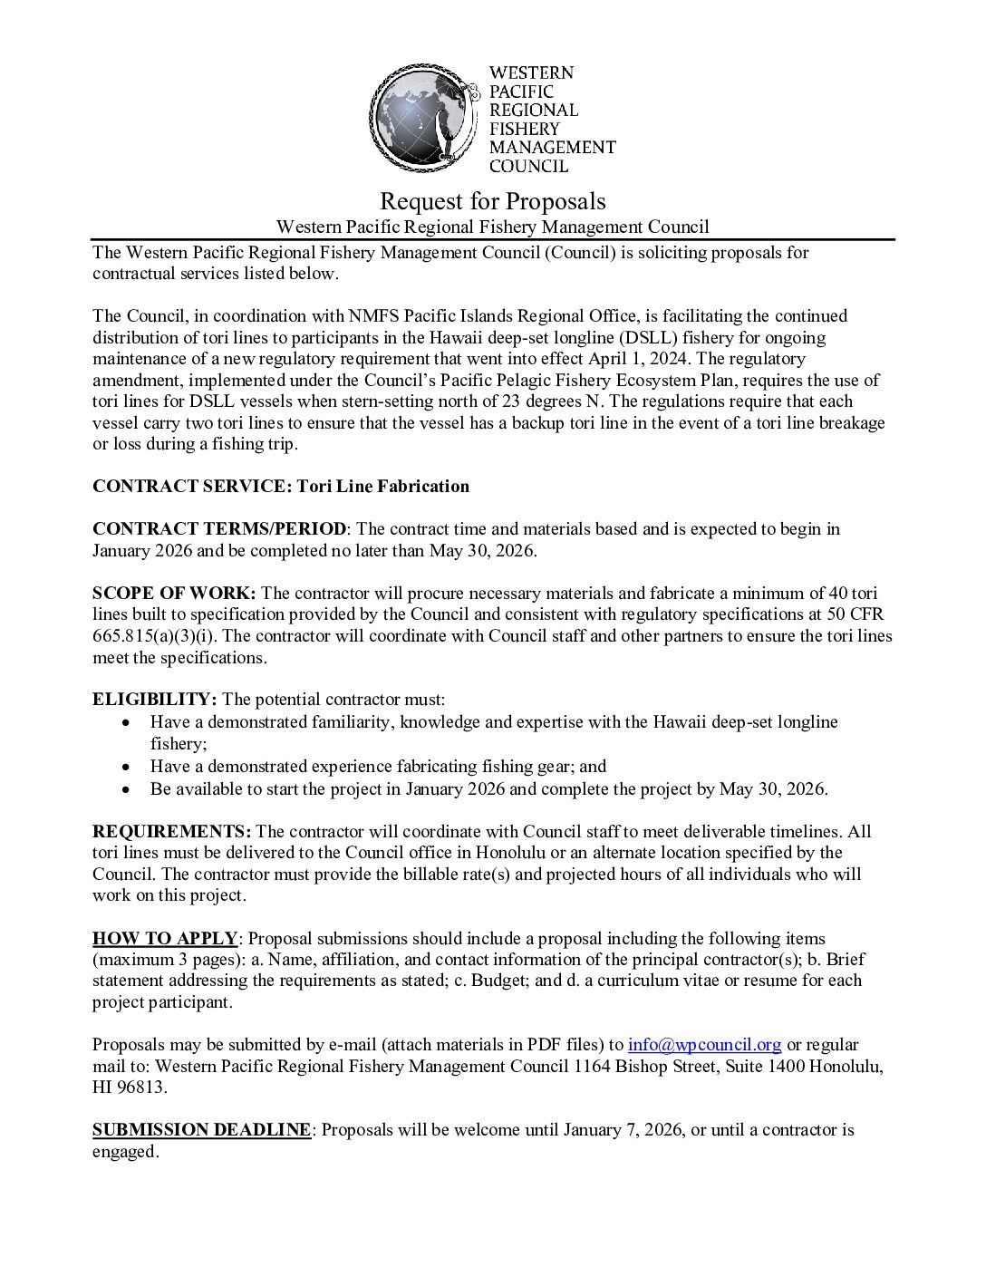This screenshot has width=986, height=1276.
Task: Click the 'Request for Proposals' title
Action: pos(492,200)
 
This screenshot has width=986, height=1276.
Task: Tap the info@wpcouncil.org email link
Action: pos(704,1045)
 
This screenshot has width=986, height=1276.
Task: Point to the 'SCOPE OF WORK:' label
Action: pos(174,594)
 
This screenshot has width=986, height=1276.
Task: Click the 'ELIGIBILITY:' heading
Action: pos(154,700)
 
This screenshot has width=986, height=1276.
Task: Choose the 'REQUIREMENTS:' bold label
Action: pos(171,832)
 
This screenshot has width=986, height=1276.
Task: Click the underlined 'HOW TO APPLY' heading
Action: pos(165,939)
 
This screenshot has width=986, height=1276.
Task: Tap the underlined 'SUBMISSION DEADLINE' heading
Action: pos(201,1130)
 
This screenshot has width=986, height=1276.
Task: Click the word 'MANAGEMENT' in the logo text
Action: pos(552,147)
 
